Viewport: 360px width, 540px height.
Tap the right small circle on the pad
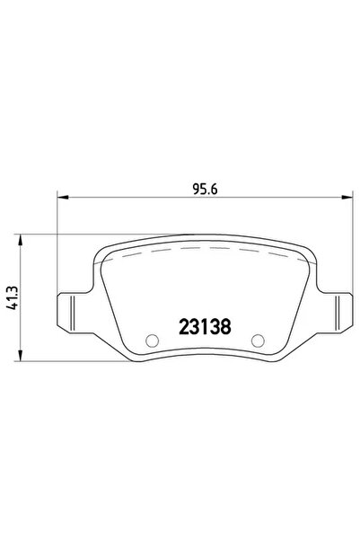pyautogui.click(x=259, y=341)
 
